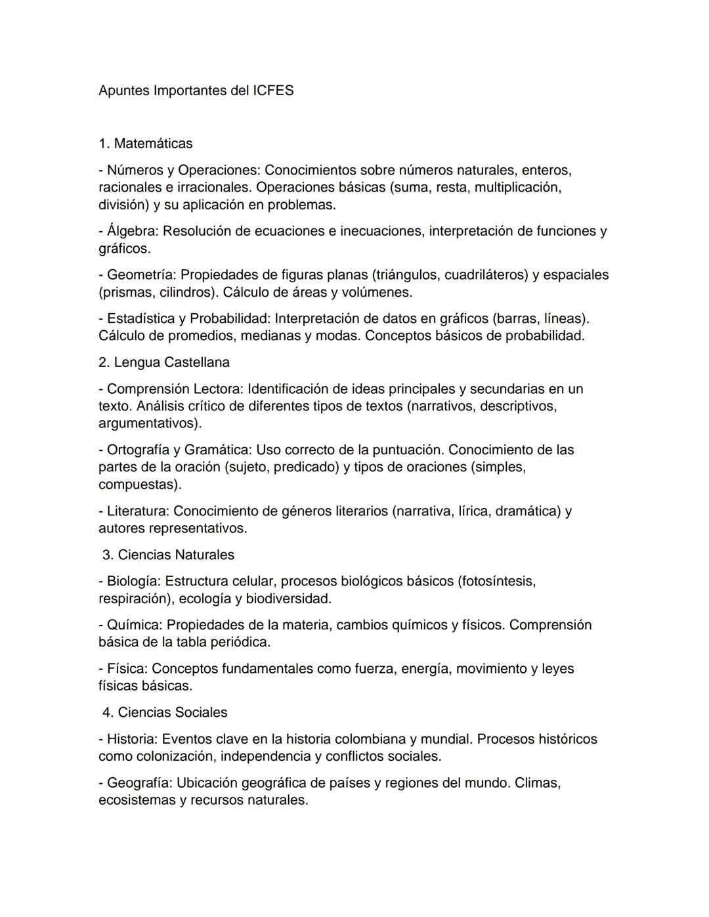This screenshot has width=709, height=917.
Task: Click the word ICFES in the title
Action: pyautogui.click(x=273, y=91)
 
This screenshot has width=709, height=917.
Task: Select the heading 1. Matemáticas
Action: pyautogui.click(x=145, y=143)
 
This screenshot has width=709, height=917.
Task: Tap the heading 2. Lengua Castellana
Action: pyautogui.click(x=164, y=362)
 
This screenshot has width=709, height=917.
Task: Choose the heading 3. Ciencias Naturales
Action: pyautogui.click(x=168, y=555)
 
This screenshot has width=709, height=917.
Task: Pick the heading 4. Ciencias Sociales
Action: pyautogui.click(x=165, y=712)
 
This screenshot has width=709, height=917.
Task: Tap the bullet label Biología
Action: pyautogui.click(x=133, y=582)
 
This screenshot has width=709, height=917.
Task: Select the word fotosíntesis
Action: pyautogui.click(x=500, y=582)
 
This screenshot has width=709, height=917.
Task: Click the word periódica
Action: pyautogui.click(x=240, y=642)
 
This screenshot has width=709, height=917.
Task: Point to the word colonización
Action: pyautogui.click(x=174, y=756)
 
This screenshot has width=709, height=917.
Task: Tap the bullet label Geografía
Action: pyautogui.click(x=139, y=783)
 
